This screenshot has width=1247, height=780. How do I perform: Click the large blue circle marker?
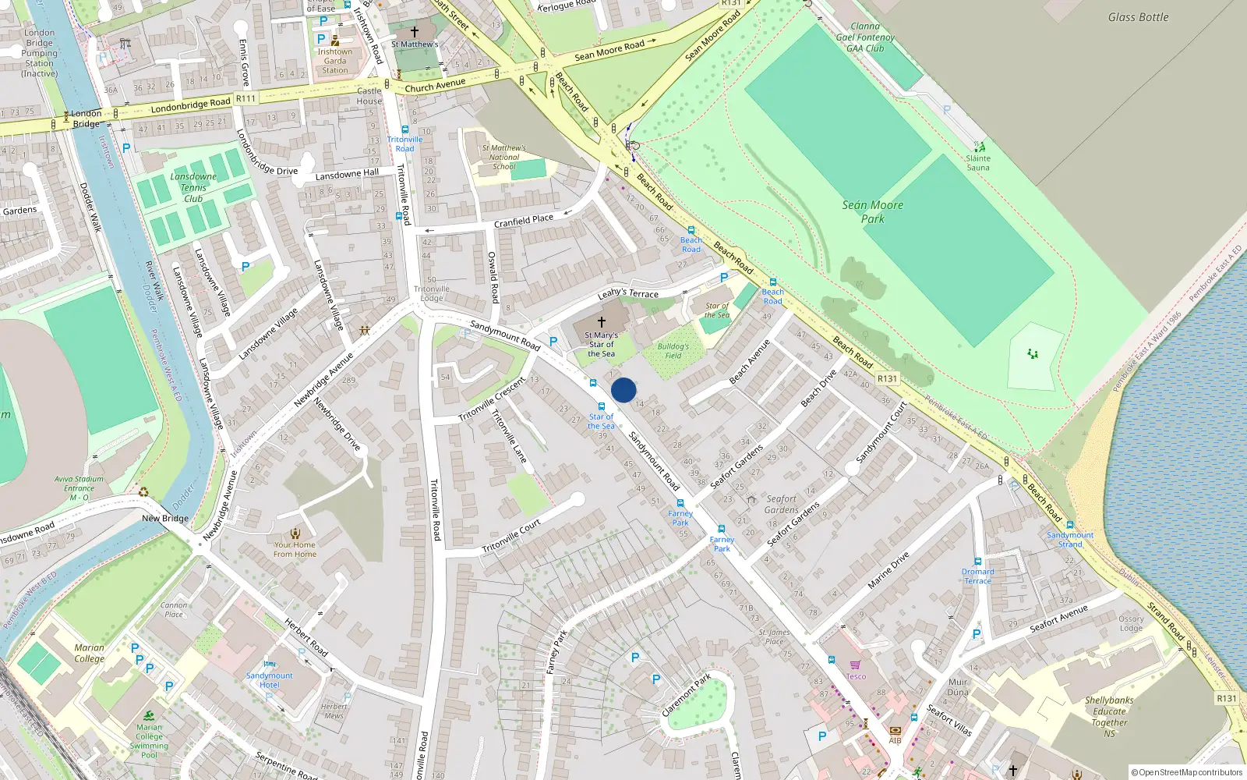(x=623, y=390)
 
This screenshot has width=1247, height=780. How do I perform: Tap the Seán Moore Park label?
(x=872, y=212)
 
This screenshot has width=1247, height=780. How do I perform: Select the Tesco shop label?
(x=856, y=676)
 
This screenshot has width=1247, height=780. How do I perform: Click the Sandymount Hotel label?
(x=270, y=680)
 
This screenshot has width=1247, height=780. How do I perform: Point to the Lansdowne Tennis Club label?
(x=193, y=187)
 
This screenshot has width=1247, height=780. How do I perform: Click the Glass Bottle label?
(x=1138, y=17)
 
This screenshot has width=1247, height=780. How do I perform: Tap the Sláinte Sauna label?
(x=978, y=162)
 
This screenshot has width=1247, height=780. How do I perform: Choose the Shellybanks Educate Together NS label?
(x=1109, y=717)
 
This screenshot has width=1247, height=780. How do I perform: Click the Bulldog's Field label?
(x=673, y=351)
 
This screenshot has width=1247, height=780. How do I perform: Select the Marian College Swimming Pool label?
(x=149, y=741)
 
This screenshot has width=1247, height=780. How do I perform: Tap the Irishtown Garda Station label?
(x=335, y=61)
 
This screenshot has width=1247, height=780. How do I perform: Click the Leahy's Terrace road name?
(x=628, y=293)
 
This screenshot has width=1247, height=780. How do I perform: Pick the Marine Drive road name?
(x=888, y=570)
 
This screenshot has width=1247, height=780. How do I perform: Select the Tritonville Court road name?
(x=511, y=537)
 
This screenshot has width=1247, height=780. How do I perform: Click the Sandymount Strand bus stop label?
(x=1070, y=540)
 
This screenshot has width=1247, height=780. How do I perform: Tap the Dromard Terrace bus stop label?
(x=977, y=576)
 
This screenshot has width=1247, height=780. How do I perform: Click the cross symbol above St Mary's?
(x=602, y=322)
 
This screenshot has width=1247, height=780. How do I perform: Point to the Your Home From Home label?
(x=295, y=549)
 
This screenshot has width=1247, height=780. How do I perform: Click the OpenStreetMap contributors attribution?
(x=1186, y=772)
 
